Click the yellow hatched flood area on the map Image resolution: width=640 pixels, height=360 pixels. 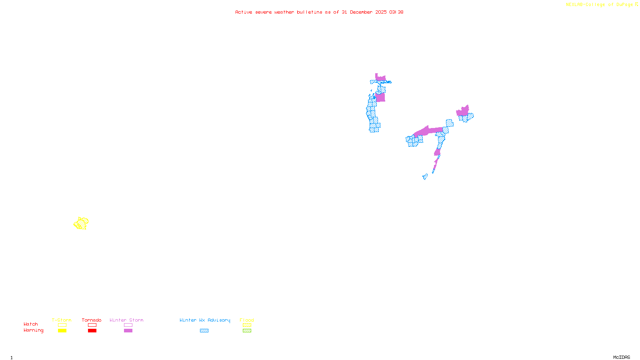[x=81, y=223]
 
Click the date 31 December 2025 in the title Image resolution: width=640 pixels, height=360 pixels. [x=364, y=12]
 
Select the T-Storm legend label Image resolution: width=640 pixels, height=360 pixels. [x=62, y=320]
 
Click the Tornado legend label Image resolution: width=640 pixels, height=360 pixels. [x=92, y=320]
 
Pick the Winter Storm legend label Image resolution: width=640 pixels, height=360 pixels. [x=126, y=320]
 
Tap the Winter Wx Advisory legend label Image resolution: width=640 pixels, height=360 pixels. [x=205, y=320]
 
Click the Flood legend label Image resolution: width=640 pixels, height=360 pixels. [x=247, y=320]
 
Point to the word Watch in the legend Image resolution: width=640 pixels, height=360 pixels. [x=31, y=324]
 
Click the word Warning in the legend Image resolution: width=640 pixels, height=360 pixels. [x=34, y=330]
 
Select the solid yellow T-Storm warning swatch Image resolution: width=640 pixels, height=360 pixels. [x=62, y=331]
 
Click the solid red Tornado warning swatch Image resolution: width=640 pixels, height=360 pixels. [x=92, y=331]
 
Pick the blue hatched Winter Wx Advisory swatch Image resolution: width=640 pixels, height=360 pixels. [x=204, y=331]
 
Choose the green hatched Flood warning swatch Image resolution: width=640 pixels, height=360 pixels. [x=247, y=331]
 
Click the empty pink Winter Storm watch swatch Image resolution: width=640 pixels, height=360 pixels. [x=128, y=325]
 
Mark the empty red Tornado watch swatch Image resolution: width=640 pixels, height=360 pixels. [x=92, y=325]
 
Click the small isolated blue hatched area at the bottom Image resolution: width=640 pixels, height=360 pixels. [x=425, y=176]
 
